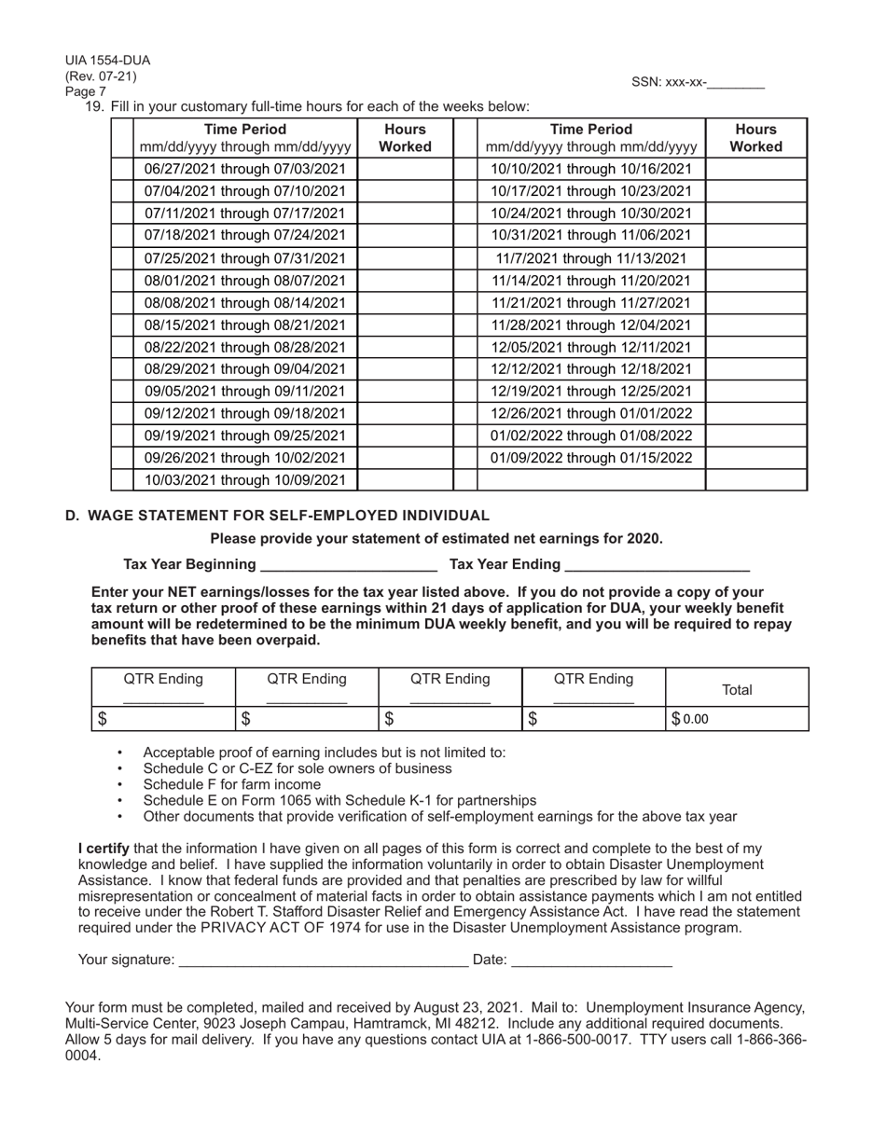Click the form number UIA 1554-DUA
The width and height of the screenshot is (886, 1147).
[107, 61]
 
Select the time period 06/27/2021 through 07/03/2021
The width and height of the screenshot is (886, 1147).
[245, 169]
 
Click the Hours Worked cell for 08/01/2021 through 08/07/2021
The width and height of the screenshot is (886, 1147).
[405, 281]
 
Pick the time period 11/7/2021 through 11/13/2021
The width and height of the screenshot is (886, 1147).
[591, 258]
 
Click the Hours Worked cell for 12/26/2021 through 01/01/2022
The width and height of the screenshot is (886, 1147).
[755, 413]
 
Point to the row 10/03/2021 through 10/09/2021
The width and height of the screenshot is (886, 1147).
[245, 480]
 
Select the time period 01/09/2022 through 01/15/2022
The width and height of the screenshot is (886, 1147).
[591, 458]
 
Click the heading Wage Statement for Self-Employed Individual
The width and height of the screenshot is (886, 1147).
[288, 516]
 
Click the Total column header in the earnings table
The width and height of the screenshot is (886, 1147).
[737, 690]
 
